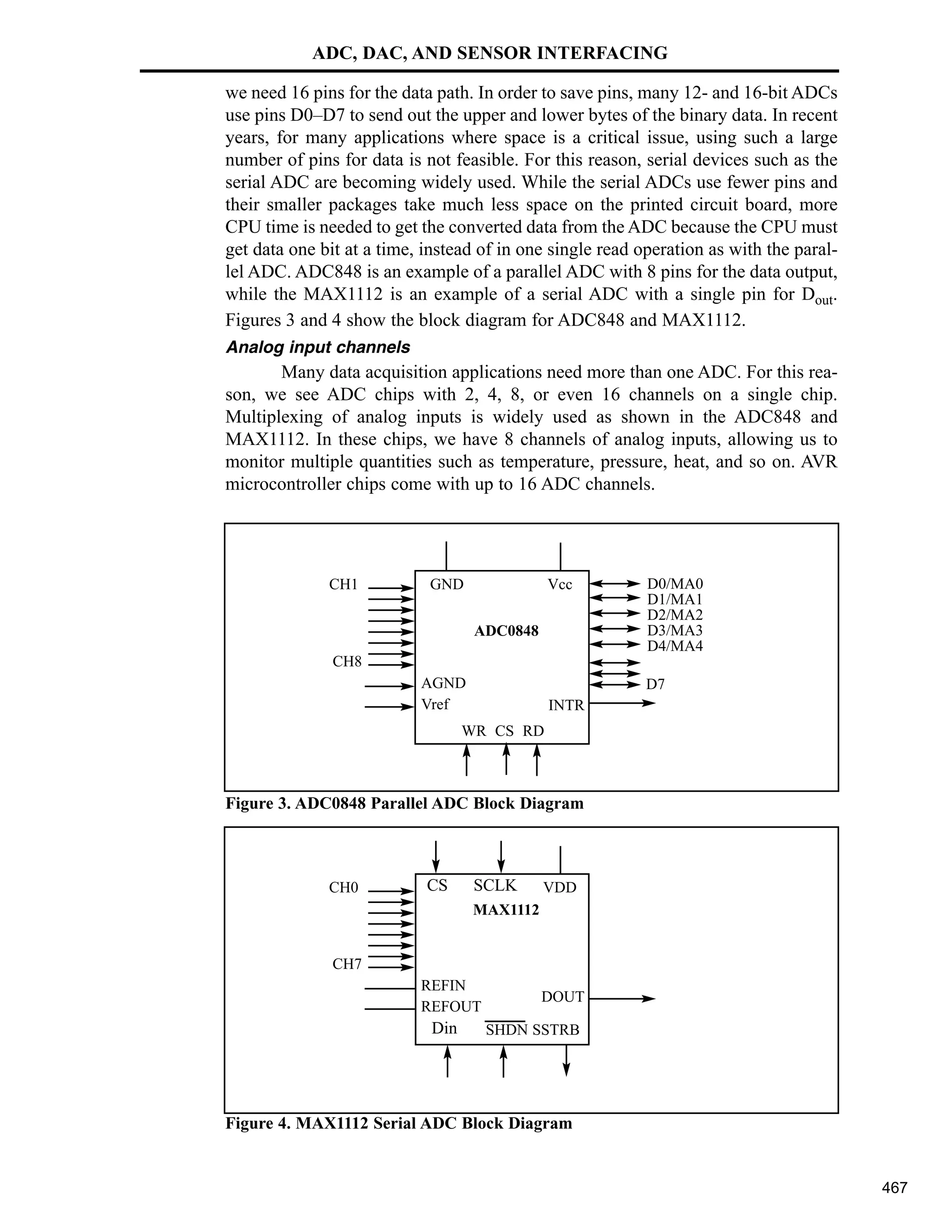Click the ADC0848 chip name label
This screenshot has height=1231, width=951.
pyautogui.click(x=506, y=631)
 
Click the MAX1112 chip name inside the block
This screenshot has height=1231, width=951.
pyautogui.click(x=506, y=910)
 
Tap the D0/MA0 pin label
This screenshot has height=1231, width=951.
pyautogui.click(x=675, y=584)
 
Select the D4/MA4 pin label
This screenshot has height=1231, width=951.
pyautogui.click(x=675, y=646)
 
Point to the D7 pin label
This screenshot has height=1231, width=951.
pyautogui.click(x=655, y=684)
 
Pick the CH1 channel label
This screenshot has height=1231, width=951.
pyautogui.click(x=343, y=584)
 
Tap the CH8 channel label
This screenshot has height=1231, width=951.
pyautogui.click(x=346, y=661)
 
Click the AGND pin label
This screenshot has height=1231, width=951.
pyautogui.click(x=443, y=683)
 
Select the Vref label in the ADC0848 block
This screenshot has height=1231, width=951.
pyautogui.click(x=436, y=704)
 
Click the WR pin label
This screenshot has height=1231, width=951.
pyautogui.click(x=474, y=731)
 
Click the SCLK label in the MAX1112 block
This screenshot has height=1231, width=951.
pyautogui.click(x=495, y=885)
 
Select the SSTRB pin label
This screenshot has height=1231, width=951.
pyautogui.click(x=555, y=1030)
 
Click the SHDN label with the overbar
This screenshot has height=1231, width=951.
pyautogui.click(x=507, y=1030)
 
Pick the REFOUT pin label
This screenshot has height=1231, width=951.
pyautogui.click(x=451, y=1006)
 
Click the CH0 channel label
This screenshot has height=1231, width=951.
pyautogui.click(x=343, y=888)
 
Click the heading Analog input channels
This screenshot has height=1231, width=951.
pyautogui.click(x=318, y=347)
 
